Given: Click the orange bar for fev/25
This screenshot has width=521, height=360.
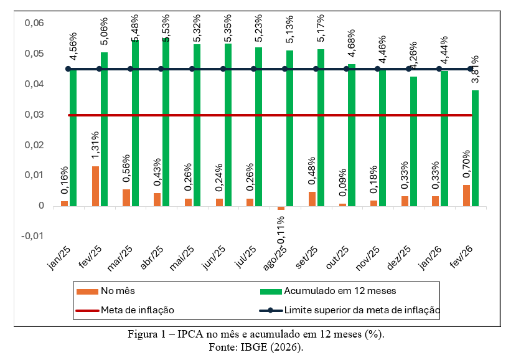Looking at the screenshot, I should click(x=95, y=186).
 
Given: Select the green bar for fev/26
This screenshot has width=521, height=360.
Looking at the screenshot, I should click(x=476, y=148).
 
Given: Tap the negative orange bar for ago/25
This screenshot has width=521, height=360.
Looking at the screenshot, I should click(x=281, y=207).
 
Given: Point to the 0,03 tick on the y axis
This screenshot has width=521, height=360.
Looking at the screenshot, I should click(x=34, y=115).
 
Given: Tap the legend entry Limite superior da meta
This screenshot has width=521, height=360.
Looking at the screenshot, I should click(x=362, y=310).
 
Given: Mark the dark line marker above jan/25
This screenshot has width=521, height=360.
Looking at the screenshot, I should click(x=68, y=69).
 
